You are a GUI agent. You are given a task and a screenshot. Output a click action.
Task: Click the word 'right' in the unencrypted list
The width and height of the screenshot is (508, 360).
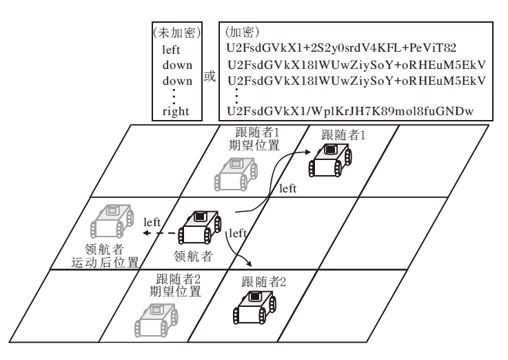[x=176, y=111]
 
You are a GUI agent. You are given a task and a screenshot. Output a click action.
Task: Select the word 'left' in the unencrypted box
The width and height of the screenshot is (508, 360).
[x=171, y=50]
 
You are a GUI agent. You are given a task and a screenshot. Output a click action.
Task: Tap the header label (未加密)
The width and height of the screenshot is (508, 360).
[x=176, y=33]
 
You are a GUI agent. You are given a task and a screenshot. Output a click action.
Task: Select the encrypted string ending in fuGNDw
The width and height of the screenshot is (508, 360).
[x=350, y=111]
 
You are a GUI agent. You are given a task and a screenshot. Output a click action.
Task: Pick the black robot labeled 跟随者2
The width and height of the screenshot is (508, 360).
[x=254, y=308]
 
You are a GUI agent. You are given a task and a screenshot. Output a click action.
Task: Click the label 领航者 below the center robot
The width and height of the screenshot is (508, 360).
[x=193, y=256]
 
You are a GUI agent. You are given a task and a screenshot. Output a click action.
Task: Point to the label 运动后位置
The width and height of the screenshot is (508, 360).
[x=105, y=263]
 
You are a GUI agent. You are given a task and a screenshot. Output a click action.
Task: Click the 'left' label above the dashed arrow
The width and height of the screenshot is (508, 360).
[x=152, y=222]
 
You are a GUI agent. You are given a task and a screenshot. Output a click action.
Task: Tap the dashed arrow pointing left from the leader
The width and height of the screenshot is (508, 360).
[x=159, y=234]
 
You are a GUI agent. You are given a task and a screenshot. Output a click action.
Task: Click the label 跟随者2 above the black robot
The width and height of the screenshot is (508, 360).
[x=263, y=281]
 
